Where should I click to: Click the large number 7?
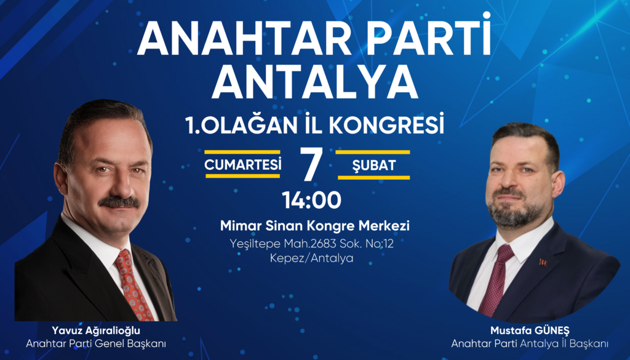[x=310, y=164]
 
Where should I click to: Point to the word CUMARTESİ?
[x=243, y=164]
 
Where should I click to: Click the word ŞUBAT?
[x=374, y=165]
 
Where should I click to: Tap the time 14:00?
[x=311, y=200]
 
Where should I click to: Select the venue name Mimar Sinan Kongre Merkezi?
[x=315, y=226]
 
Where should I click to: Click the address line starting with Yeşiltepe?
[x=315, y=244]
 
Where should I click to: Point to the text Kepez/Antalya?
[x=312, y=258]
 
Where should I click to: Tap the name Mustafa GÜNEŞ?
[x=530, y=330]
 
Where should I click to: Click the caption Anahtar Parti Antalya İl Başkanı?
[x=530, y=343]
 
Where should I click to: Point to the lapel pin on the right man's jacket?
[x=543, y=262]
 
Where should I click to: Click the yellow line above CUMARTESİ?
[x=242, y=152]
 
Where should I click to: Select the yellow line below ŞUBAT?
[x=374, y=177]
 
